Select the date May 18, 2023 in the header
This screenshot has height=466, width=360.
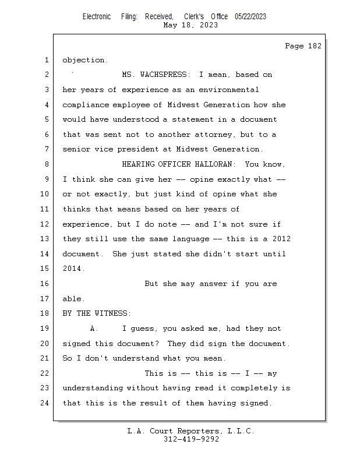coord(190,25)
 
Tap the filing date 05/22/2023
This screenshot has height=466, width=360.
coord(250,16)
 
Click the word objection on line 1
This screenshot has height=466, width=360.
coord(84,60)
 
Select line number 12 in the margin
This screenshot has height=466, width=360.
coord(45,224)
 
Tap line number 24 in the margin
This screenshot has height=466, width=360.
coord(45,403)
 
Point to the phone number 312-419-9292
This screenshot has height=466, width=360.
coord(191,439)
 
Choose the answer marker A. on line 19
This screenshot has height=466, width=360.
coord(93,329)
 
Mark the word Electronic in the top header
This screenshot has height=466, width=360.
coord(97,16)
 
